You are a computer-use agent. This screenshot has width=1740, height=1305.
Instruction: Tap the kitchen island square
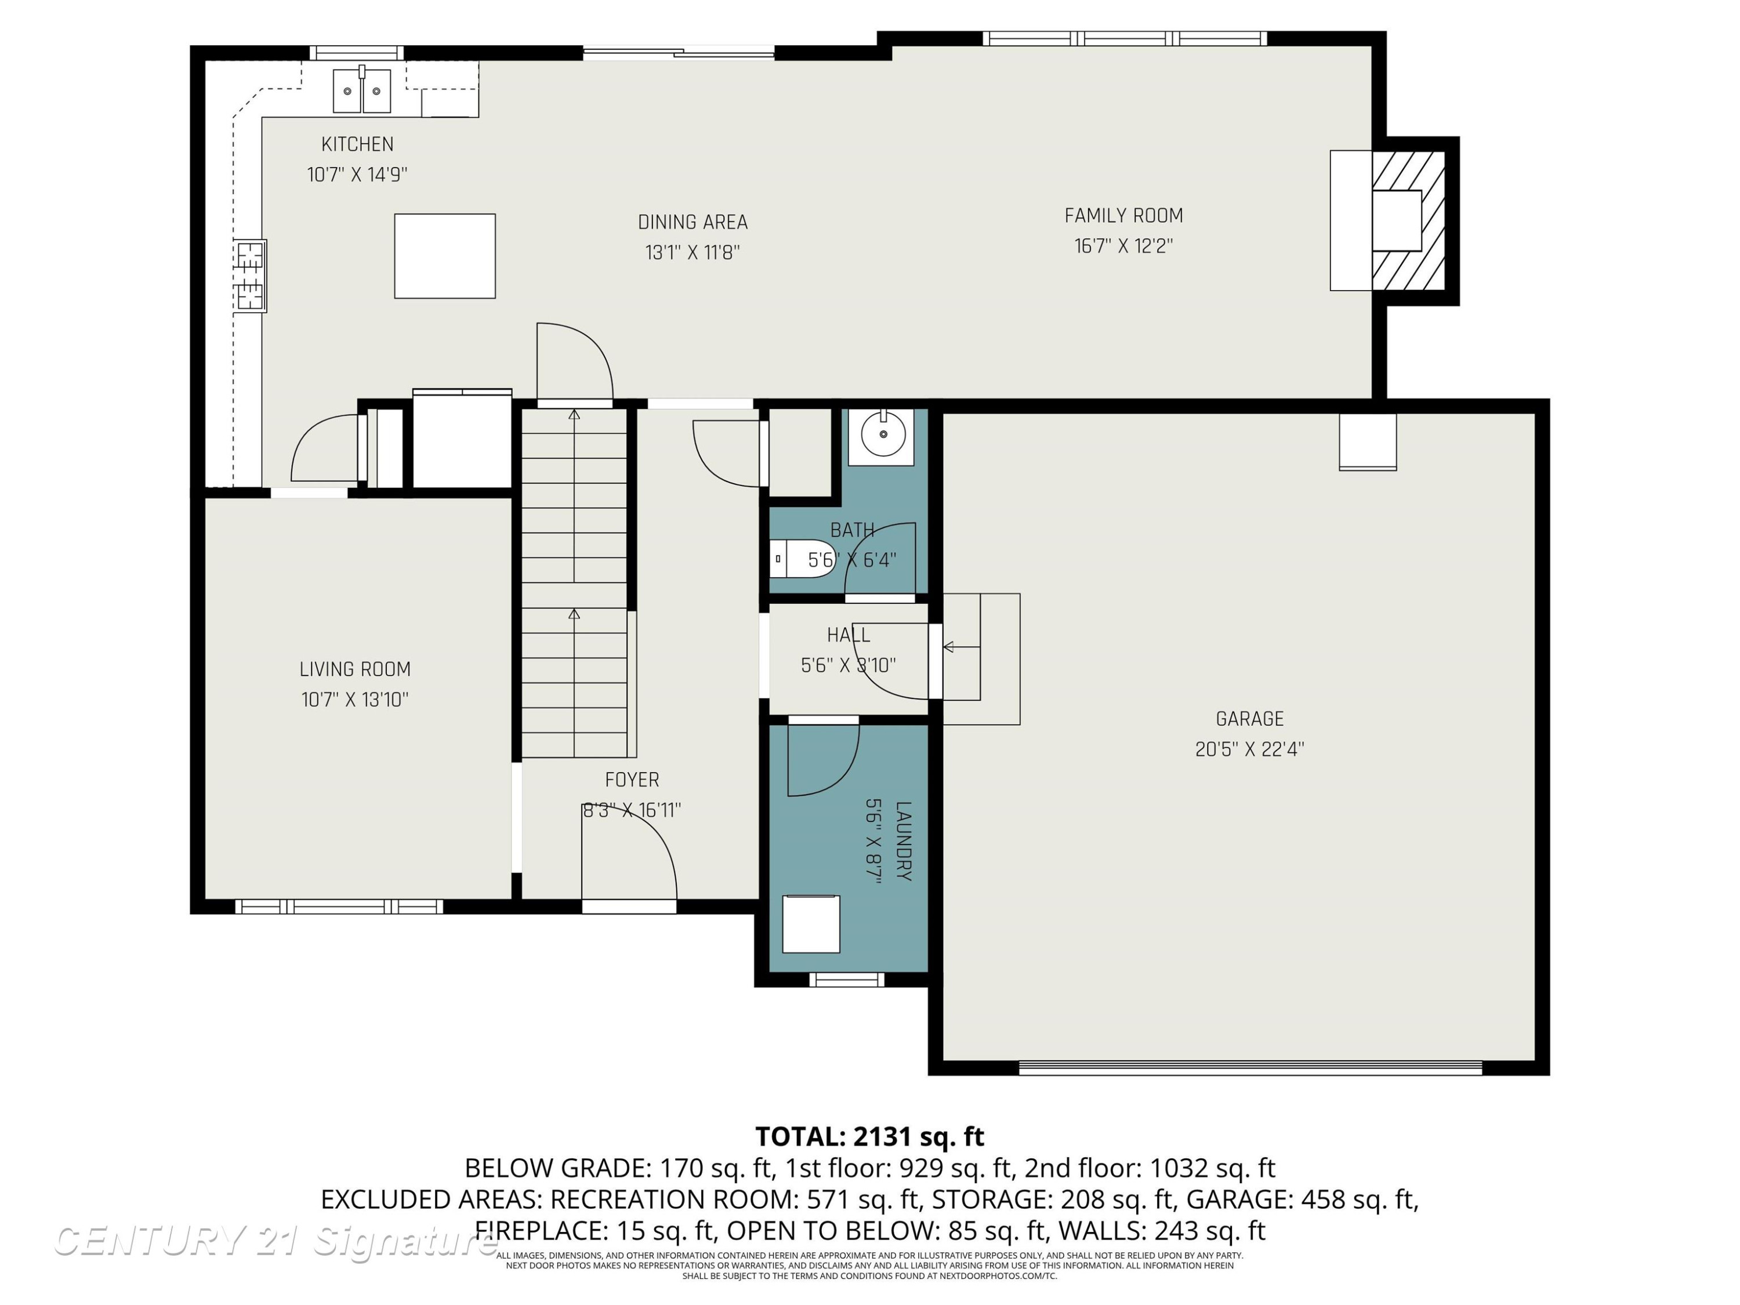pyautogui.click(x=444, y=256)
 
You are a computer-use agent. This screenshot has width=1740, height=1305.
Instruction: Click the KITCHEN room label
pyautogui.click(x=357, y=144)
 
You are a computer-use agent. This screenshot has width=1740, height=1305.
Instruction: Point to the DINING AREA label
pyautogui.click(x=692, y=223)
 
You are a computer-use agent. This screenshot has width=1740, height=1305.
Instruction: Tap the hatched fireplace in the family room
pyautogui.click(x=1408, y=221)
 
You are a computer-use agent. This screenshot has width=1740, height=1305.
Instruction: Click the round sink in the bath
pyautogui.click(x=883, y=434)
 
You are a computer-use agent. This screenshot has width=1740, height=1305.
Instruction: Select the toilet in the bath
pyautogui.click(x=801, y=559)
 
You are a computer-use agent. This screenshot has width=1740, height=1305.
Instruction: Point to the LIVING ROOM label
pyautogui.click(x=355, y=669)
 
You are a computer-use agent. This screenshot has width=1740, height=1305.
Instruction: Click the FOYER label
pyautogui.click(x=632, y=780)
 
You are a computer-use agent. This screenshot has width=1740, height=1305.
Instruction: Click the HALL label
pyautogui.click(x=848, y=635)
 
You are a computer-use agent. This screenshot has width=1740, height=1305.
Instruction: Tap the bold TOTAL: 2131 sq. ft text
pyautogui.click(x=869, y=1137)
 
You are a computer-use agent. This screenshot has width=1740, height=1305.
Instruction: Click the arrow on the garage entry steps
pyautogui.click(x=961, y=647)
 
